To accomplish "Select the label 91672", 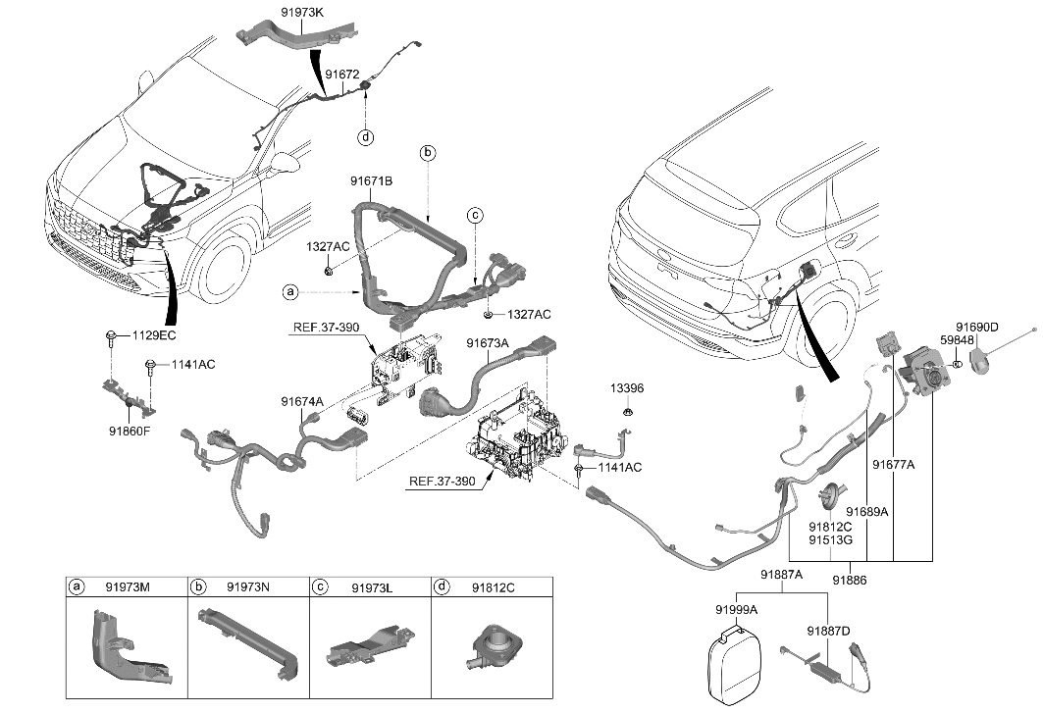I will click(342, 74).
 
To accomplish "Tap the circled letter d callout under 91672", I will click(365, 136).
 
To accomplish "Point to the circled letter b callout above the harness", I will click(427, 152).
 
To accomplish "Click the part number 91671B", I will click(371, 180).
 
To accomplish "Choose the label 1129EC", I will click(153, 336).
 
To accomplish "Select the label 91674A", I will click(303, 401).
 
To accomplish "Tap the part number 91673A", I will click(488, 344).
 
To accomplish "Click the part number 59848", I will click(957, 340).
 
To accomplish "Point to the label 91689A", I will click(867, 512).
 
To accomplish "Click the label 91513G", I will click(829, 539).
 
